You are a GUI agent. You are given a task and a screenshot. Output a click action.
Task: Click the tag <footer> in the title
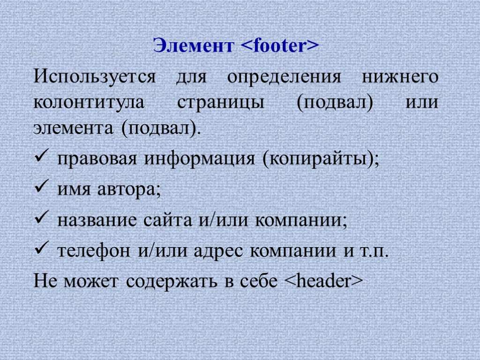280,46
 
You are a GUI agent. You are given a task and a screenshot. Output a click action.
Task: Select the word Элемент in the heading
194,46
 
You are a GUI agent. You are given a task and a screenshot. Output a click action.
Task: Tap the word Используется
94,76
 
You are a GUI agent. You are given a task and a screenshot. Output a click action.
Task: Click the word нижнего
400,76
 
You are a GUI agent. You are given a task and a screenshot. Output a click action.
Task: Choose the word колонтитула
90,102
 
